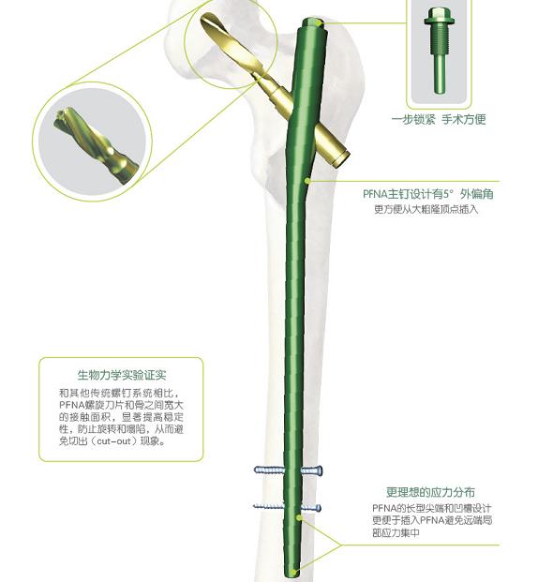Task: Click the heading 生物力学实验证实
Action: coord(122,375)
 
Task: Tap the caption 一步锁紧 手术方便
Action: coord(439,119)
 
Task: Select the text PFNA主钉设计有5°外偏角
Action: coord(427,194)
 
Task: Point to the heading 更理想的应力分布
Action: coord(430,492)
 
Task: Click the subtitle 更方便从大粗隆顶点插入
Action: coord(426,209)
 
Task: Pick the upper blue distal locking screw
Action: coord(288,470)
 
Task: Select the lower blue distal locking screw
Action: coord(287,507)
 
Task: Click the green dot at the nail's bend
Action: coord(307,181)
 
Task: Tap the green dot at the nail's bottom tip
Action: coord(293,572)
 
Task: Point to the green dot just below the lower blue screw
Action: coord(298,517)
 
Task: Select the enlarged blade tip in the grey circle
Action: coord(97,144)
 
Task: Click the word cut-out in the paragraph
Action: coord(113,441)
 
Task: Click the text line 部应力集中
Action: coord(396,532)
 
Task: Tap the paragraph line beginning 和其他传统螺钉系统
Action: coord(121,393)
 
